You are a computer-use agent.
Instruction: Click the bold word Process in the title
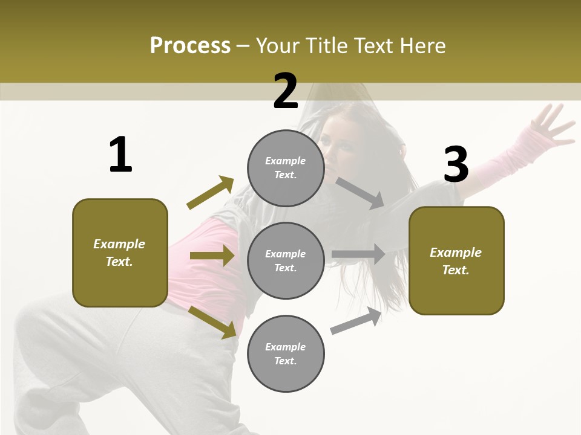pos(190,46)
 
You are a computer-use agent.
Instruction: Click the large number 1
pos(120,155)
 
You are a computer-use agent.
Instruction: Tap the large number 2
pos(285,91)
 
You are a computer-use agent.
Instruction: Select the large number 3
pos(456,164)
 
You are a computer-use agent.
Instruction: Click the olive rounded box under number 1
pos(120,253)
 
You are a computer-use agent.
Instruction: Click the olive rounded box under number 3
pos(456,261)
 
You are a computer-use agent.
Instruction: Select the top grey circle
pos(286,168)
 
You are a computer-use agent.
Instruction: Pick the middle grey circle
pos(286,260)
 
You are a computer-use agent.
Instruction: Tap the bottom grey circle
pos(286,353)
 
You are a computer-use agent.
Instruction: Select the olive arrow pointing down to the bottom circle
pos(212,322)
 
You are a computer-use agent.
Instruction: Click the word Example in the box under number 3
pos(456,253)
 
